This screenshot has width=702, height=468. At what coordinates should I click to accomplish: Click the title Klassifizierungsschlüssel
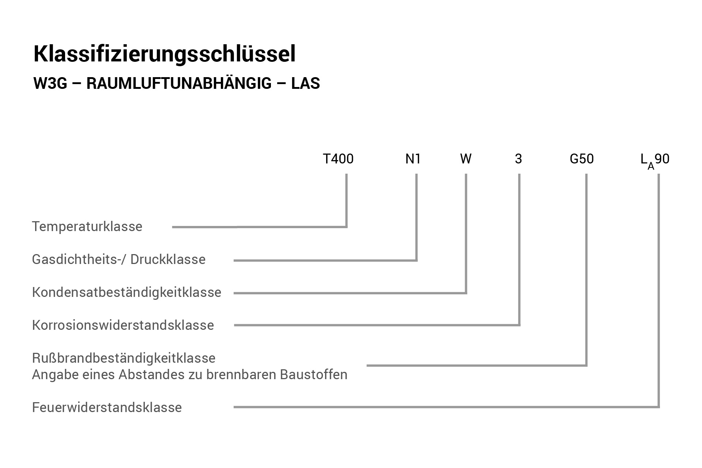[x=165, y=54]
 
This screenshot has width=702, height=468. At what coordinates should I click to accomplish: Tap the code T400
[x=338, y=159]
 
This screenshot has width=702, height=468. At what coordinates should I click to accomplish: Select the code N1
[x=413, y=159]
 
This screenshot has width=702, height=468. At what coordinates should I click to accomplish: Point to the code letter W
[x=466, y=159]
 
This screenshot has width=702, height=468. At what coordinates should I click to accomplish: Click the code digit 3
[x=518, y=159]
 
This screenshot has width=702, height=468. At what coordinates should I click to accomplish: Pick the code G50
[x=582, y=159]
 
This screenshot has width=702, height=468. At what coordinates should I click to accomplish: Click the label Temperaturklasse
[x=87, y=227]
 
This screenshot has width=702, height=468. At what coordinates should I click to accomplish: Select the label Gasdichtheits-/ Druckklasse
[x=119, y=260]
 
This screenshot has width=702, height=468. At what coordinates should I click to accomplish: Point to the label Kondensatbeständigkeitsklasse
[x=127, y=292]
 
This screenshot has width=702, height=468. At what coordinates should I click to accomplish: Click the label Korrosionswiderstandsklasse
[x=123, y=325]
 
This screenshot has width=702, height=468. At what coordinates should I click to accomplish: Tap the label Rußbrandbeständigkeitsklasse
[x=124, y=358]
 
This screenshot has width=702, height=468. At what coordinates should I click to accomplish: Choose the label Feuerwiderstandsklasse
[x=107, y=407]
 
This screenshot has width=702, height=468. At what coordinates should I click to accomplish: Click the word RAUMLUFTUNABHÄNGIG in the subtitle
[x=179, y=83]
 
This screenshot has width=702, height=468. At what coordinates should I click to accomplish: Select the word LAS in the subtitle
[x=306, y=84]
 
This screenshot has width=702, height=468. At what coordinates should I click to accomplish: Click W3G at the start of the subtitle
[x=50, y=84]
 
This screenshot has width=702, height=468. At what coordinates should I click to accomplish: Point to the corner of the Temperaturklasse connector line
[x=346, y=227]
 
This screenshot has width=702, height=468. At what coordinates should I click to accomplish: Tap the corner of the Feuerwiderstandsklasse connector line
[x=659, y=407]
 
